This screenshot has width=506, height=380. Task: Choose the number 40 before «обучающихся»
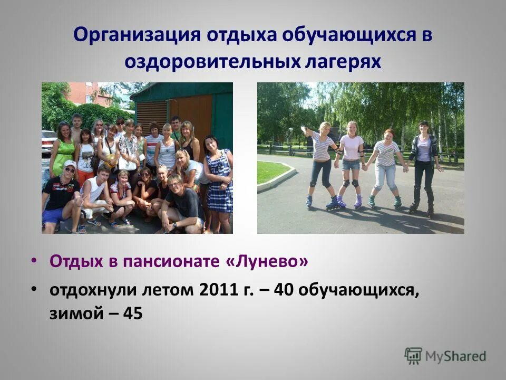(287, 290)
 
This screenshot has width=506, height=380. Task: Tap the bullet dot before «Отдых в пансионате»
(34, 261)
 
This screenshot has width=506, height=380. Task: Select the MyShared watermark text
(456, 357)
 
